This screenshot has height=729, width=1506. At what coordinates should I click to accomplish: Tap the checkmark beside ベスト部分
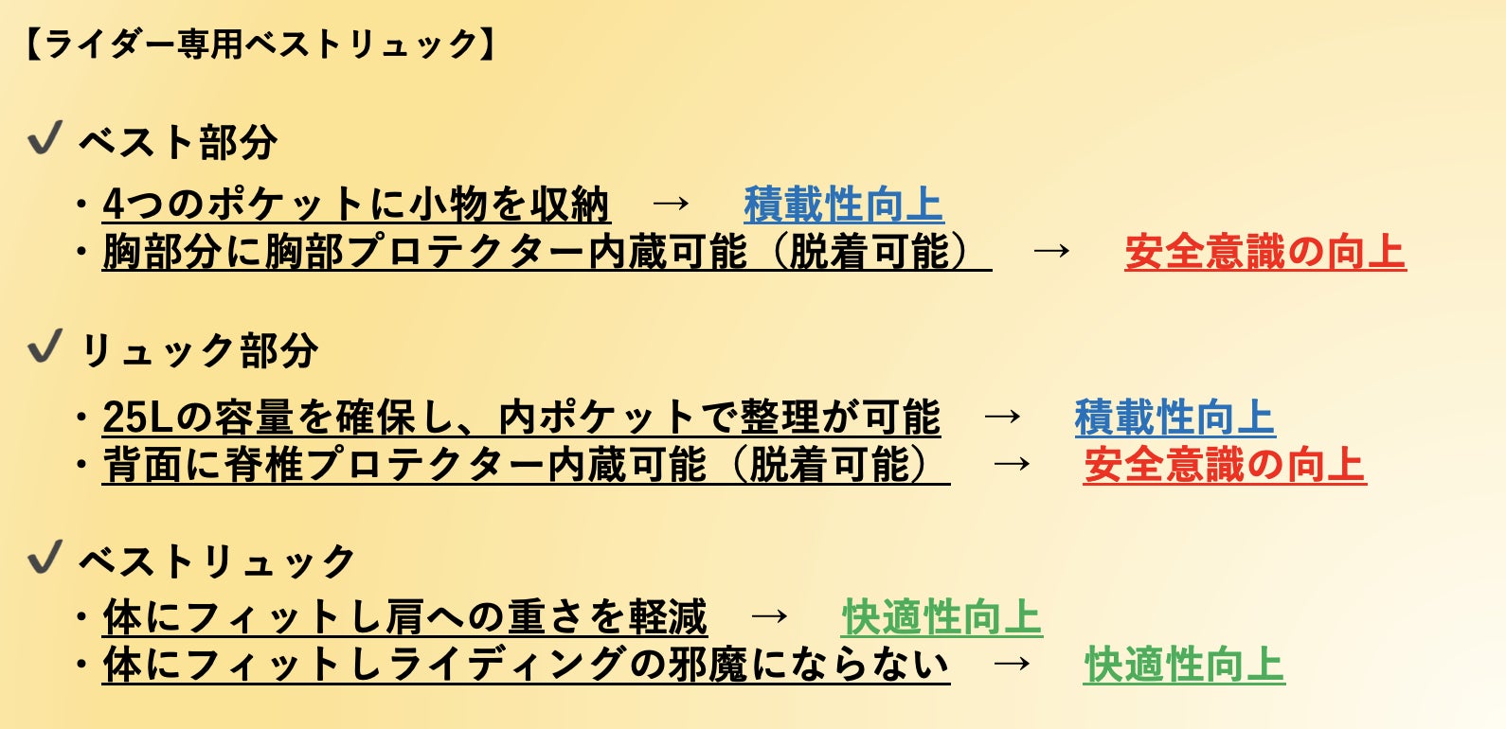(x=45, y=139)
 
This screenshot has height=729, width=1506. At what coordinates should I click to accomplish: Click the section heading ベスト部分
(x=178, y=143)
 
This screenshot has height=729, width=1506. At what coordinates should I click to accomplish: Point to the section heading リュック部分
(x=199, y=351)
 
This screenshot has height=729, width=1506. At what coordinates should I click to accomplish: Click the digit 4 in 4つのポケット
(x=114, y=204)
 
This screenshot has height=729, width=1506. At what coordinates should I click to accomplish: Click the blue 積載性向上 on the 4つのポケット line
(x=843, y=204)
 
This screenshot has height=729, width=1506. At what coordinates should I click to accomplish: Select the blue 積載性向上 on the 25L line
(x=1174, y=418)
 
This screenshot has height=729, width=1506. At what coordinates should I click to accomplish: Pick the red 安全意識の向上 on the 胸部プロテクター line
(x=1264, y=253)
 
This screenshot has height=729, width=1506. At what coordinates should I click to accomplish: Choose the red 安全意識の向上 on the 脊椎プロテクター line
(x=1224, y=465)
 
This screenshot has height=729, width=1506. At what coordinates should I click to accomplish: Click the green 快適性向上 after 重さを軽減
(x=941, y=617)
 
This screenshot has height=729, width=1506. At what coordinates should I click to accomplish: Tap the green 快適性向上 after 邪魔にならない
(x=1183, y=665)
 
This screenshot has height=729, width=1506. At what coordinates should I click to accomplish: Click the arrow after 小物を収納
(x=671, y=204)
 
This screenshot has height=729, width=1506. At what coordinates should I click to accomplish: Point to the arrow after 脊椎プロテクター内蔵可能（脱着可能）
(x=1012, y=465)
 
